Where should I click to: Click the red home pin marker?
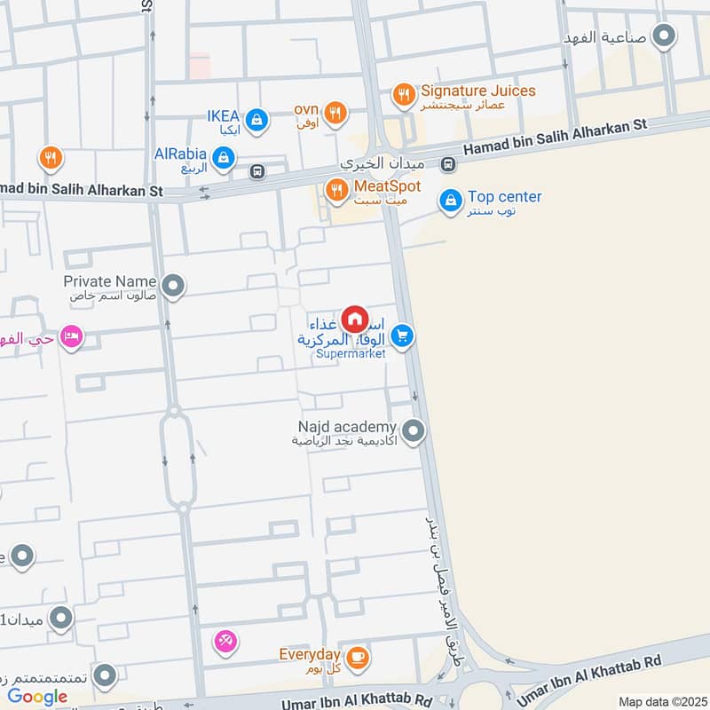pyautogui.click(x=354, y=318)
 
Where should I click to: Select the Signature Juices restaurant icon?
pyautogui.click(x=404, y=94)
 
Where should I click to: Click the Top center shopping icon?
pyautogui.click(x=451, y=201)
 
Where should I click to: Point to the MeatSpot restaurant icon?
pyautogui.click(x=336, y=190)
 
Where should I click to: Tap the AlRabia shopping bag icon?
pyautogui.click(x=225, y=158)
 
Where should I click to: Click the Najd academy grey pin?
pyautogui.click(x=412, y=432)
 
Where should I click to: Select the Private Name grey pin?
pyautogui.click(x=174, y=286)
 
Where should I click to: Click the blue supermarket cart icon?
pyautogui.click(x=403, y=335)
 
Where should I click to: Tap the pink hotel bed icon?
pyautogui.click(x=72, y=337)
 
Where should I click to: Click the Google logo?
pyautogui.click(x=37, y=696)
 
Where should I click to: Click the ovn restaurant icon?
pyautogui.click(x=335, y=112)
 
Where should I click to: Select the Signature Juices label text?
pyautogui.click(x=477, y=91)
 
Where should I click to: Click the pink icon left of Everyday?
pyautogui.click(x=225, y=641)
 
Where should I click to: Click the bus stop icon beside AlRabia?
pyautogui.click(x=257, y=171)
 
